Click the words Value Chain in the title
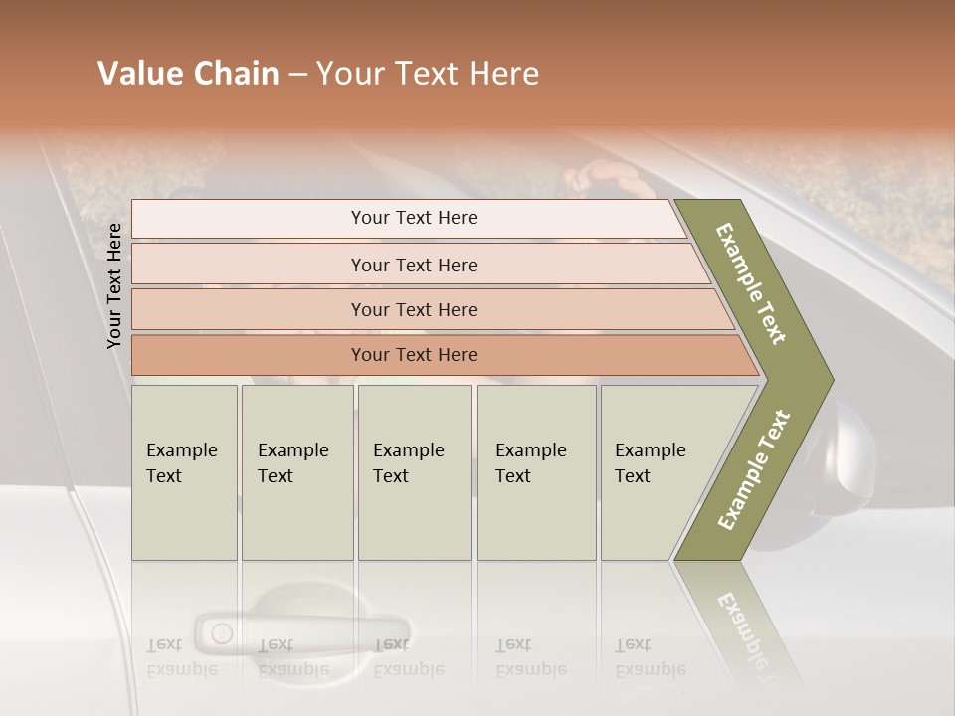(188, 74)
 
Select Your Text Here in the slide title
(428, 74)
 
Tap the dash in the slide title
(297, 75)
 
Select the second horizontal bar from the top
(413, 265)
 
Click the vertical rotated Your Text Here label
(114, 285)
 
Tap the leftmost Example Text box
(184, 472)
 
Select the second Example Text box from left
(296, 472)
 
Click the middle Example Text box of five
(414, 472)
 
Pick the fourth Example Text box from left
(536, 472)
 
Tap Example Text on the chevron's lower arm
(754, 469)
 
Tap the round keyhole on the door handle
(221, 632)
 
